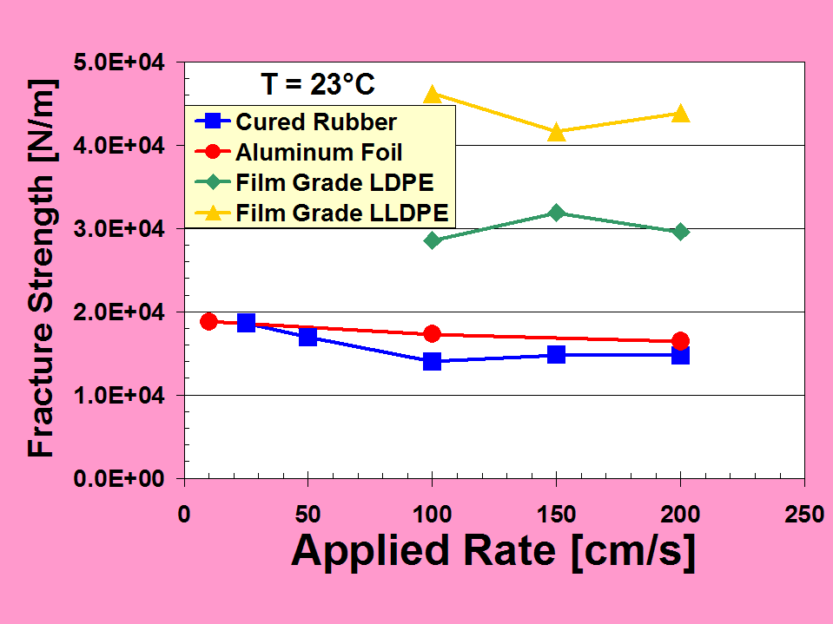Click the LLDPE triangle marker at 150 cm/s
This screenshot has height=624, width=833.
[557, 132]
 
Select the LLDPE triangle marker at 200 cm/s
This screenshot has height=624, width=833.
[681, 114]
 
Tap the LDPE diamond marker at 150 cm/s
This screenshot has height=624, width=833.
[557, 213]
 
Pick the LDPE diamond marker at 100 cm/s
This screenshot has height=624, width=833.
[433, 240]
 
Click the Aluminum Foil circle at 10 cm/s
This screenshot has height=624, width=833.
[208, 322]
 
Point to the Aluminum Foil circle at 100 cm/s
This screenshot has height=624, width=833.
[433, 334]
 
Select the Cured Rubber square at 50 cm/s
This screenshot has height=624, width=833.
[308, 337]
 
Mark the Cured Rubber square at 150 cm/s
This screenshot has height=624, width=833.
[557, 354]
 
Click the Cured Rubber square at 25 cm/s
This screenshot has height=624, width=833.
[246, 323]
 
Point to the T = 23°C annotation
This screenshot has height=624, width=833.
[318, 84]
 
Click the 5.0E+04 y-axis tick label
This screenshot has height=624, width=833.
[126, 62]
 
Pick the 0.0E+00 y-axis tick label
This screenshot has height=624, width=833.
[126, 478]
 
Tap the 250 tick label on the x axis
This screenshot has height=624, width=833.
[804, 514]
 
